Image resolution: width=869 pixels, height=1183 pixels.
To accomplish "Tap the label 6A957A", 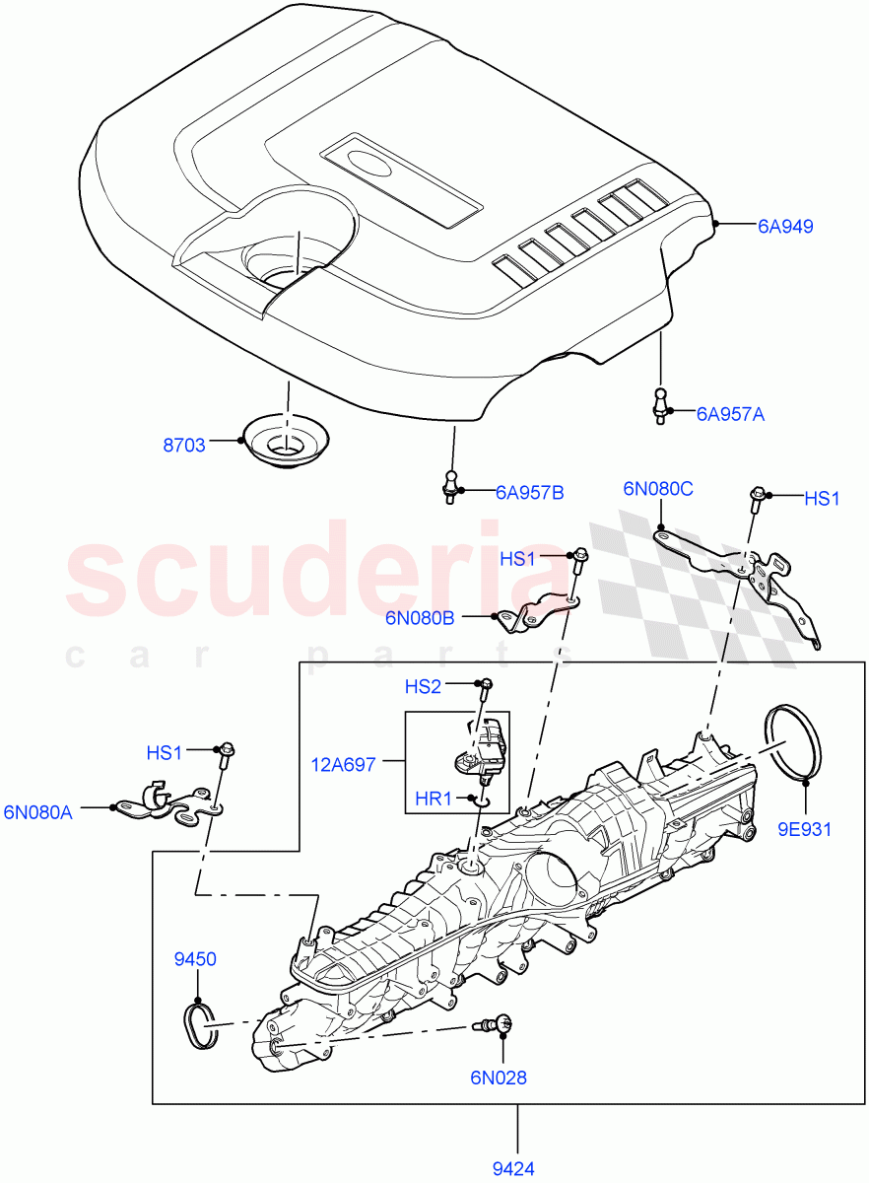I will [x=730, y=414].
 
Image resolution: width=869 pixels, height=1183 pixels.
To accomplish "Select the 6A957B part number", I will [x=529, y=492].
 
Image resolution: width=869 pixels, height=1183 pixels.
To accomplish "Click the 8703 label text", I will [x=184, y=445].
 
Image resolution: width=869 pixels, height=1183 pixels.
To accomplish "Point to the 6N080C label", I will [x=657, y=488].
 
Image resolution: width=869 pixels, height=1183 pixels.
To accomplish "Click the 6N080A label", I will [x=39, y=811].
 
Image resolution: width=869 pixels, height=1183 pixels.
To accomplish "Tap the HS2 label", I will [x=423, y=686].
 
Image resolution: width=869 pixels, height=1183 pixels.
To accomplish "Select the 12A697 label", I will [x=344, y=764].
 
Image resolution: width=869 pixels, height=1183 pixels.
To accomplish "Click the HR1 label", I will [x=434, y=800].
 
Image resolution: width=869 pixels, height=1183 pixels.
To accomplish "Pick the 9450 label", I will [x=195, y=959].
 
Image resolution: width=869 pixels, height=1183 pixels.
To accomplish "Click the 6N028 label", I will [x=499, y=1078].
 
